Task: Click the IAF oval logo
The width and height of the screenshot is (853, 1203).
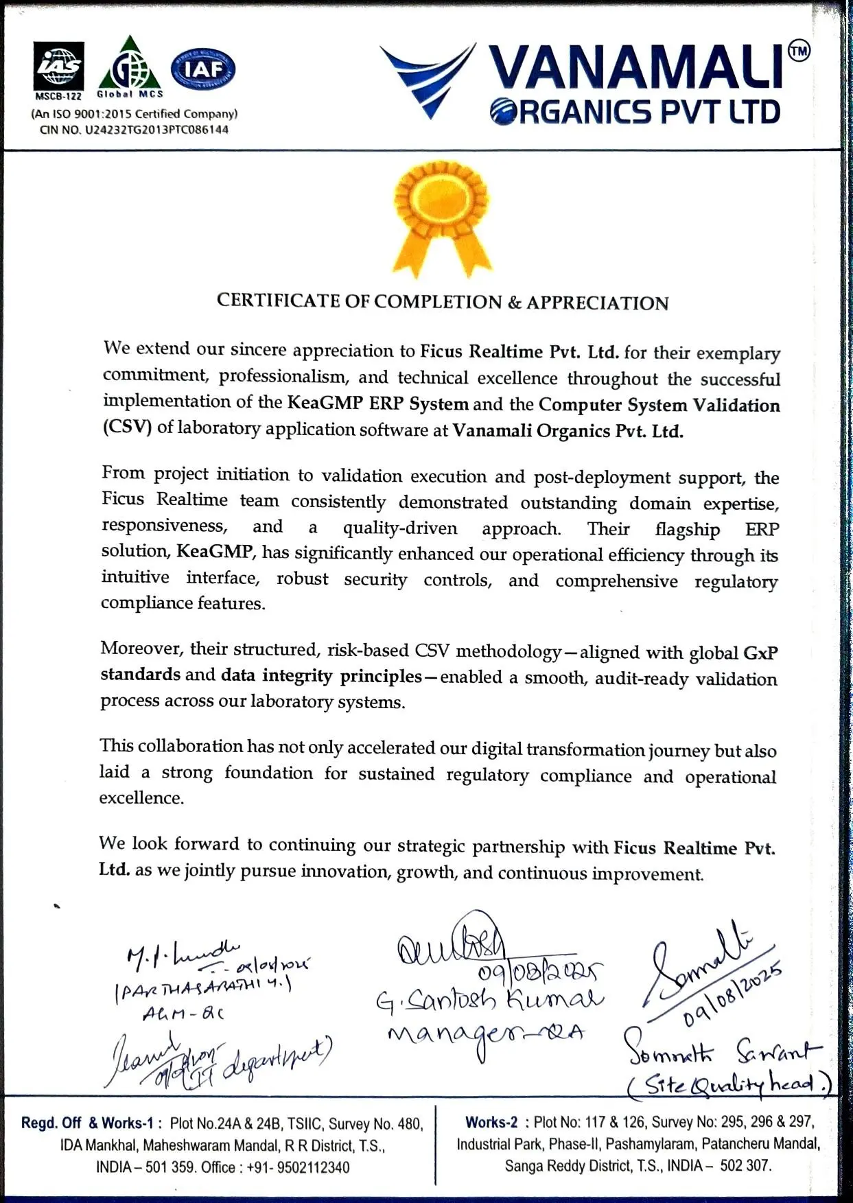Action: (203, 69)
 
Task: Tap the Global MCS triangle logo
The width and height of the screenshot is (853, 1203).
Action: (130, 67)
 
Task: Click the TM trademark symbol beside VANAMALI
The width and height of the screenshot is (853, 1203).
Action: (799, 51)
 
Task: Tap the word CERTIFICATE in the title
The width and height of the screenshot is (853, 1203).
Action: (278, 301)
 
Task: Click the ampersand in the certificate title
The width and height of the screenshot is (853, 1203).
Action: (514, 303)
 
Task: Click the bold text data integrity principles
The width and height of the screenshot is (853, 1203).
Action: (321, 676)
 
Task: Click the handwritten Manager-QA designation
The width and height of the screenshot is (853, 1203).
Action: (486, 1034)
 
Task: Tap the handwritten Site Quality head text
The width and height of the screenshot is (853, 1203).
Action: (729, 1084)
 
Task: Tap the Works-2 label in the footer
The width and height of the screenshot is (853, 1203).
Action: (491, 1123)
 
